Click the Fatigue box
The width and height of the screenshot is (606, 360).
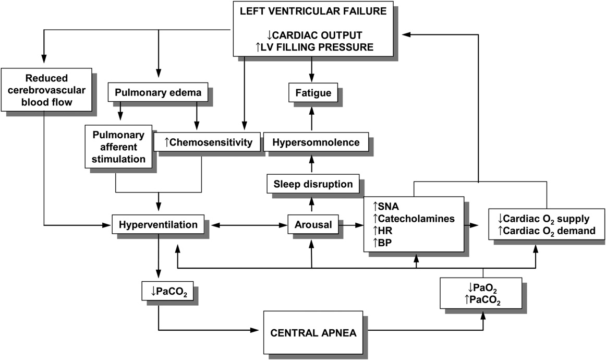click(311, 93)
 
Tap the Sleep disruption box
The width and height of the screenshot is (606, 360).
click(311, 184)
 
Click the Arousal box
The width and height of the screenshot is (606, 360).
click(311, 225)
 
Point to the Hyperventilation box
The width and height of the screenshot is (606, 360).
click(158, 225)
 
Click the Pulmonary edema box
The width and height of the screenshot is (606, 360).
click(158, 93)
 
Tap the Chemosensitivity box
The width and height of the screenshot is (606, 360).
click(207, 141)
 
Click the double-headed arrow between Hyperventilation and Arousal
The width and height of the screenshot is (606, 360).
click(249, 225)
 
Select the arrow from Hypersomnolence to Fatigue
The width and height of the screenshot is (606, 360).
click(311, 117)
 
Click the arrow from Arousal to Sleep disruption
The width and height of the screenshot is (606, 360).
click(311, 205)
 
